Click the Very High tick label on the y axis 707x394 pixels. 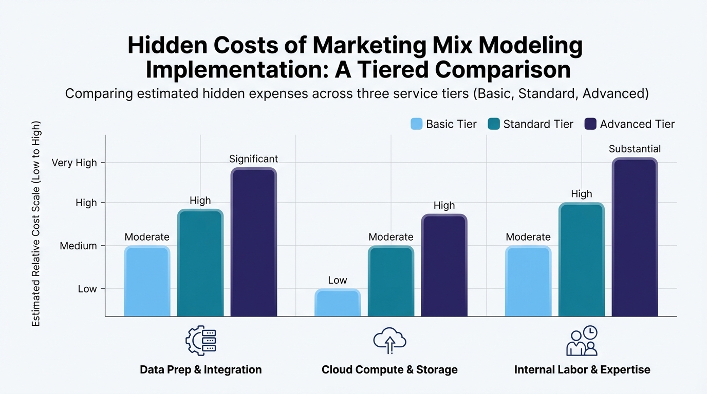[x=74, y=163]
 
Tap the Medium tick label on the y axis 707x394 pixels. [x=78, y=246]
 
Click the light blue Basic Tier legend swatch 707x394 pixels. [x=417, y=124]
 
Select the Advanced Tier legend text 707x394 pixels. [x=637, y=124]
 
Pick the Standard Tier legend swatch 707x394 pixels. [x=494, y=124]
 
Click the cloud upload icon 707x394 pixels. [x=389, y=340]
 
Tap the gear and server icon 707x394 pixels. [x=201, y=340]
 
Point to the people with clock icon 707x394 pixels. [x=582, y=340]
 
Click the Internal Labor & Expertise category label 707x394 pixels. [x=582, y=369]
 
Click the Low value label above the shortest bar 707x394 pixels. [x=338, y=280]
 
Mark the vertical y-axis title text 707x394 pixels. [x=36, y=224]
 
